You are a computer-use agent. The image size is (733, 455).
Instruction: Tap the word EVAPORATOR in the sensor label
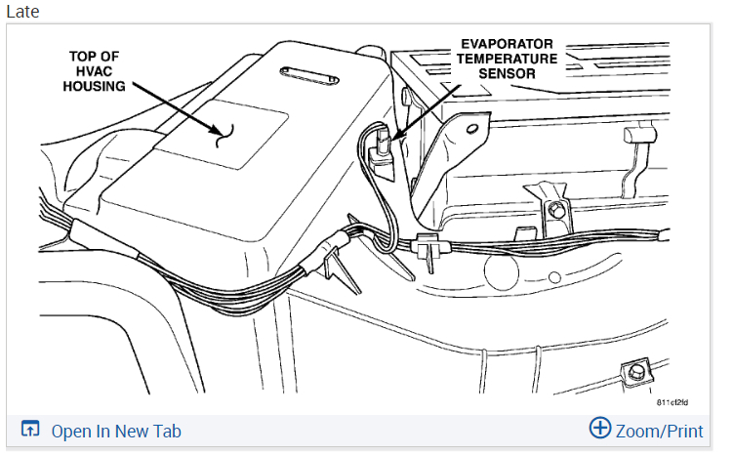[x=508, y=44]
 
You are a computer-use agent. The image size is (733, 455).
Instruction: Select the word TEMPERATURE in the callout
[x=508, y=59]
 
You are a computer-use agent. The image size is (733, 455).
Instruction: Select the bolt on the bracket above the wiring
[x=555, y=210]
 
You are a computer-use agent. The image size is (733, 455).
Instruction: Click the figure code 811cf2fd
[x=673, y=402]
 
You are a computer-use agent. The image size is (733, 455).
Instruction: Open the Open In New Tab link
[x=116, y=431]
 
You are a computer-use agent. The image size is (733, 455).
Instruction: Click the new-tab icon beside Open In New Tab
[x=30, y=430]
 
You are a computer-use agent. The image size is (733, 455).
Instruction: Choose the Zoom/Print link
[x=659, y=430]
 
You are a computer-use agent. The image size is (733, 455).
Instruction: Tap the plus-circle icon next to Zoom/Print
[x=600, y=429]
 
